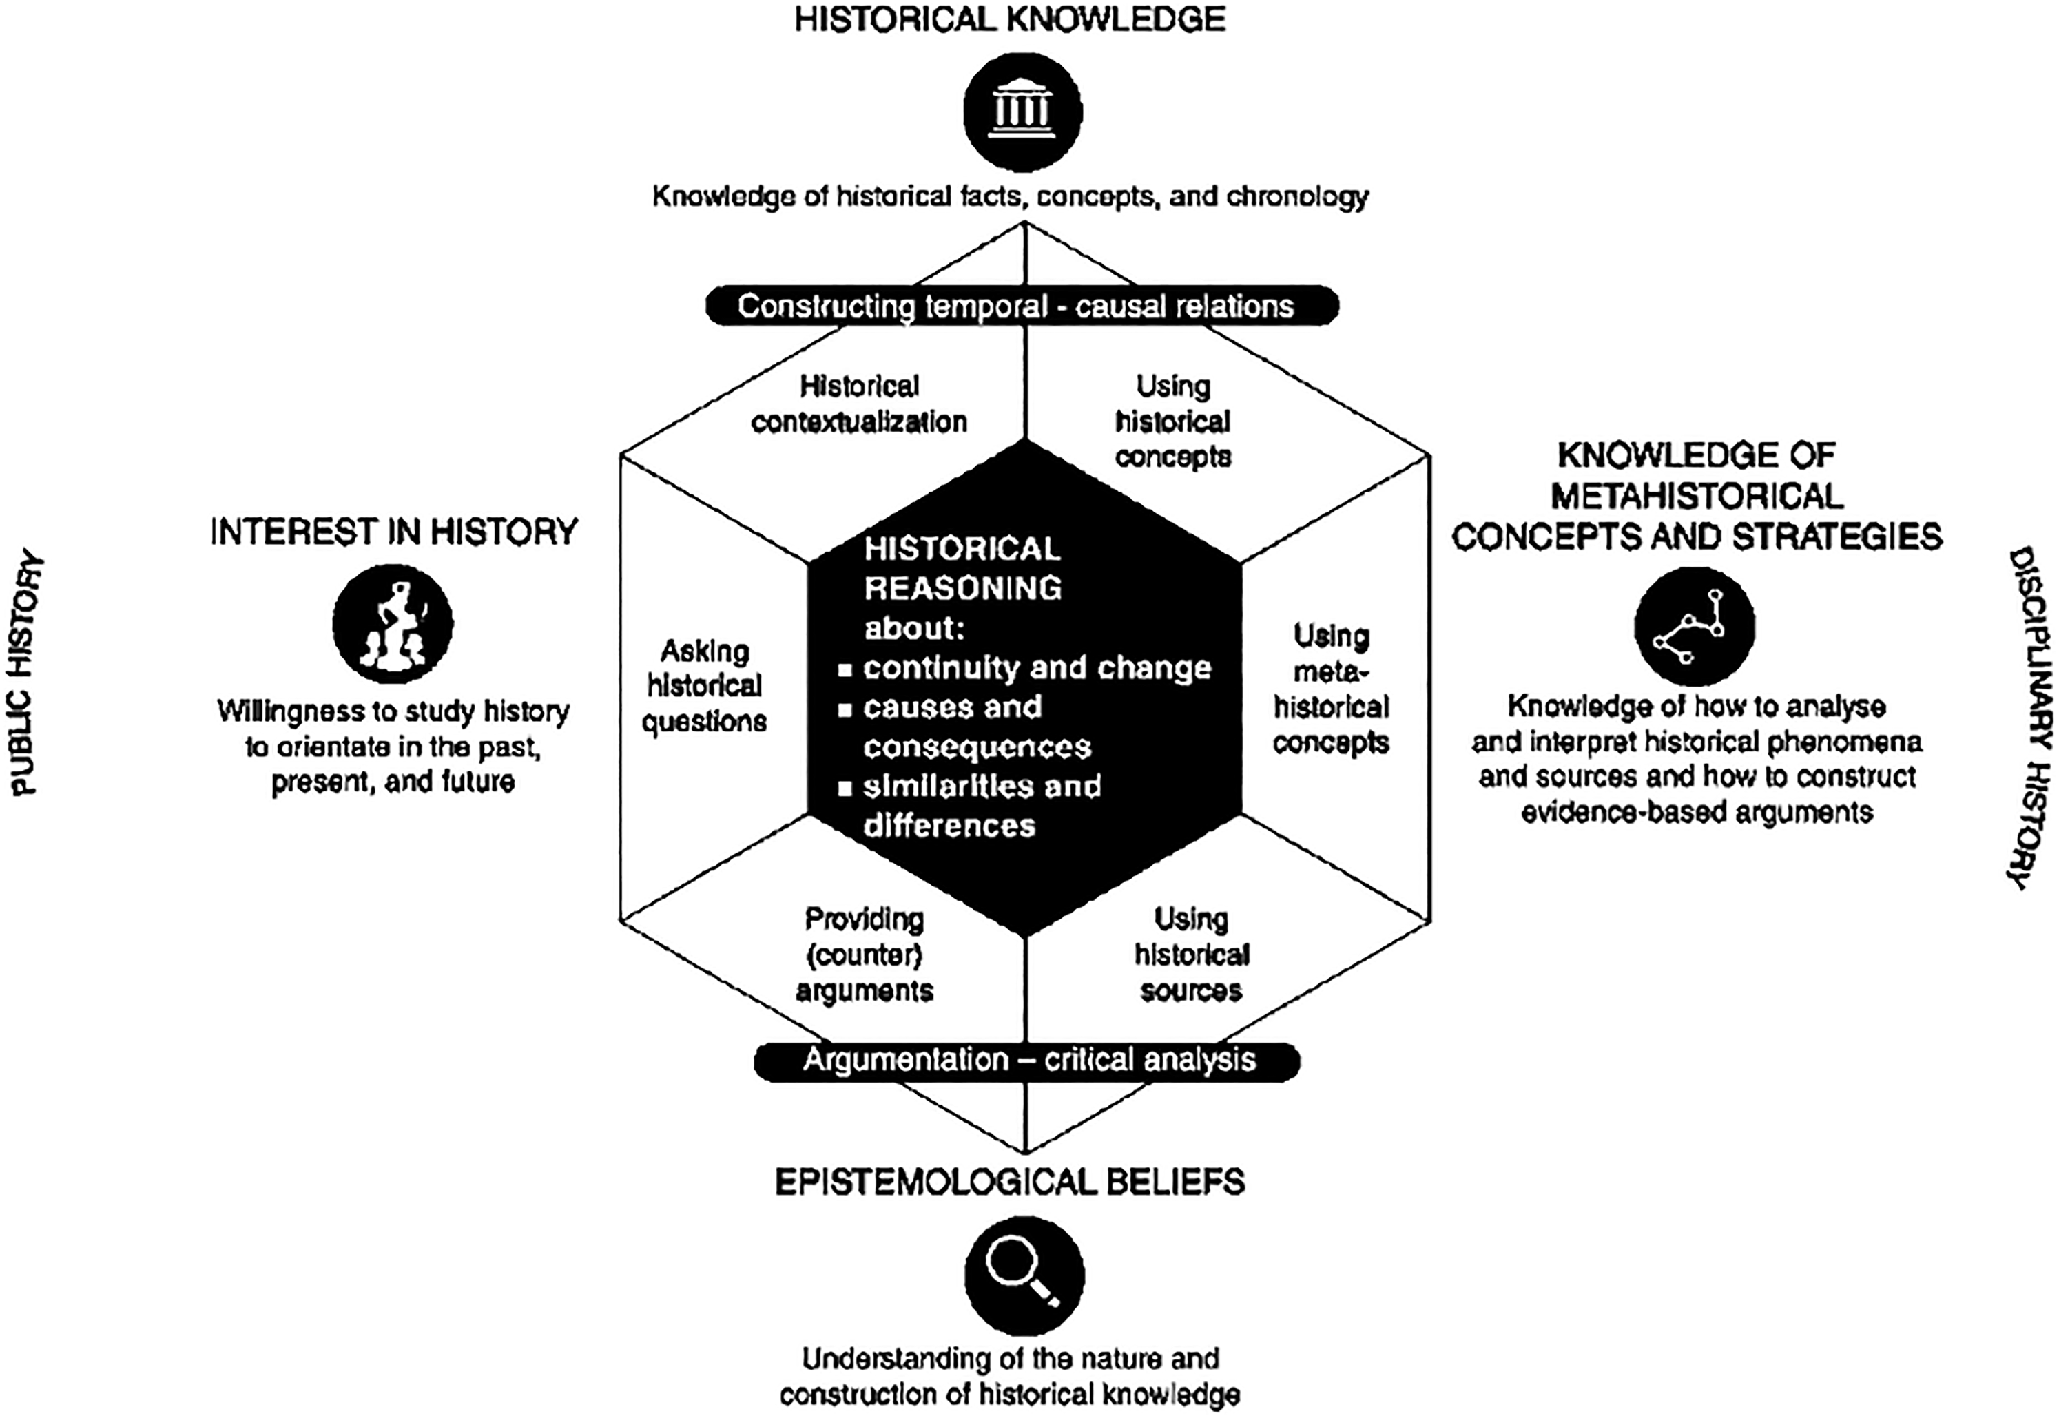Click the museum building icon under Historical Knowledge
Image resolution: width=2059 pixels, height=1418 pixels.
coord(1023,112)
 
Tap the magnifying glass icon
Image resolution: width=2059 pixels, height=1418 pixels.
coord(1024,1275)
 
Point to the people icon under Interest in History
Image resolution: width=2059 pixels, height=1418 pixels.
coord(393,624)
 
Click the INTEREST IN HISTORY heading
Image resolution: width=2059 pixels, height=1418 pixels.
coord(393,532)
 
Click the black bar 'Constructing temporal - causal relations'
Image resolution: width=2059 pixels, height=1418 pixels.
coord(1022,306)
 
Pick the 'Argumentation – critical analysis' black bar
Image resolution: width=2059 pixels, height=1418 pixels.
coord(1027,1060)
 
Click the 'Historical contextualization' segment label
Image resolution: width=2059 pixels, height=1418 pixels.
coord(858,404)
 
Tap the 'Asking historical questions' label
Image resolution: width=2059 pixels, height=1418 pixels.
coord(705,686)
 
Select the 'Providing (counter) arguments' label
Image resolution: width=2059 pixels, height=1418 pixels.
coord(864,955)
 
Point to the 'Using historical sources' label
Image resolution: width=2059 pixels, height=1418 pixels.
coord(1191,955)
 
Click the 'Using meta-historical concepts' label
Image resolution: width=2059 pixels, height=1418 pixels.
coord(1330,689)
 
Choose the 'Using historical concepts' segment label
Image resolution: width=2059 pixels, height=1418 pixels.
coord(1173,421)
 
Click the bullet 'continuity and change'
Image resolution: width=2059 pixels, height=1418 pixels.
coord(1036,667)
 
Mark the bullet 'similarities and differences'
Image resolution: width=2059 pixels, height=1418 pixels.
coord(981,806)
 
